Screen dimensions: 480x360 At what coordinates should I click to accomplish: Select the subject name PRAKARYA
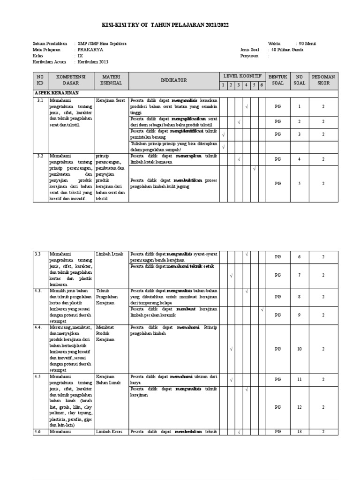point(90,49)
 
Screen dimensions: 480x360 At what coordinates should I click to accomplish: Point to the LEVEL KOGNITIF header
point(242,76)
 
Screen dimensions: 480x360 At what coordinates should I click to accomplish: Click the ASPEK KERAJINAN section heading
point(56,93)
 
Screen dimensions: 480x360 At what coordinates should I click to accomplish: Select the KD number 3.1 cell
point(40,100)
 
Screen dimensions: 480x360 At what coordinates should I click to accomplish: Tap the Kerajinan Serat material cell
point(110,100)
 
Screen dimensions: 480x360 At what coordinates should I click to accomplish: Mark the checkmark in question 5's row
point(254,168)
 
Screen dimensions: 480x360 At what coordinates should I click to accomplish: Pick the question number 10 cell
point(299,349)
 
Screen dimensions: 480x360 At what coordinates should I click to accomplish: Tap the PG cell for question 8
point(277,296)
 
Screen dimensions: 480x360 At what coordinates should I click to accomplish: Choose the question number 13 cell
point(299,432)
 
